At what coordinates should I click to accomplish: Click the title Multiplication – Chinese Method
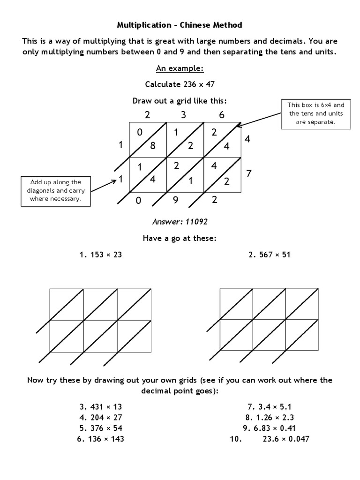tap(180, 24)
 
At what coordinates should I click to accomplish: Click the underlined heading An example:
tap(180, 69)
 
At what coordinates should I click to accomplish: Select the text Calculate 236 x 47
tap(180, 85)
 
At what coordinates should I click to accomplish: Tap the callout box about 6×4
tap(315, 114)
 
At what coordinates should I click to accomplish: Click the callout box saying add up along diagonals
tap(56, 190)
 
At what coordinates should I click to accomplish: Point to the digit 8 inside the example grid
tap(152, 145)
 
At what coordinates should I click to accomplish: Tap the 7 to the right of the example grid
tap(249, 174)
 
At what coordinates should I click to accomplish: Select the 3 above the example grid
tap(183, 115)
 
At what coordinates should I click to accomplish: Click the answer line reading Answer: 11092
tap(180, 221)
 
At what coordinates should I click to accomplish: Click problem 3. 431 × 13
tap(101, 406)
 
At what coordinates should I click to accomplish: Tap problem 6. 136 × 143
tap(102, 439)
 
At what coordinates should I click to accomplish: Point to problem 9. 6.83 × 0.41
tap(269, 428)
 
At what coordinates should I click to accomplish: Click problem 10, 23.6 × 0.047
tap(269, 439)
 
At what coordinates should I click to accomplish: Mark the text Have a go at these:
tap(180, 239)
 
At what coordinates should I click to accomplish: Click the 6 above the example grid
tap(221, 115)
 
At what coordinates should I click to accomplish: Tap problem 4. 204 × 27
tap(101, 417)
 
